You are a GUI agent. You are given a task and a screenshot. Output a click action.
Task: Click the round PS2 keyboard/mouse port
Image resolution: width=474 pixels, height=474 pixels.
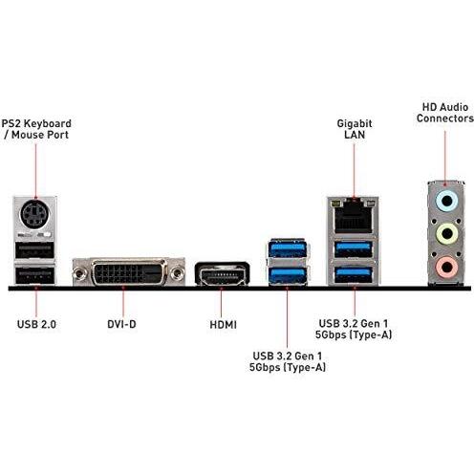click(35, 214)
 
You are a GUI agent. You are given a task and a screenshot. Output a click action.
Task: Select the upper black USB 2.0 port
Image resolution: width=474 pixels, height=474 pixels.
click(35, 250)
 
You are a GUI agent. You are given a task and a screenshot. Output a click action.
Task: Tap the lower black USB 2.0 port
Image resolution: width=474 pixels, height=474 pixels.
click(35, 275)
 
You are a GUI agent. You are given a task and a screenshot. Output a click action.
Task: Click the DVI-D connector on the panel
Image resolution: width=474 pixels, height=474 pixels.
click(129, 272)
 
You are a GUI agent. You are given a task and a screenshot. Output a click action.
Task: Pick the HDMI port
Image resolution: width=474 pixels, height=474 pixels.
click(223, 274)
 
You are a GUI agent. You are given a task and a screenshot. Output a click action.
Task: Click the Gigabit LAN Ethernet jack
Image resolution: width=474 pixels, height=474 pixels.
click(354, 219)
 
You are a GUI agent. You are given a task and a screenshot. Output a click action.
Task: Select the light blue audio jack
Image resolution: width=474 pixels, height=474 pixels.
click(447, 202)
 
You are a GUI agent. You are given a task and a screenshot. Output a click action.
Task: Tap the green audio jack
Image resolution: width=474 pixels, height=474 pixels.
click(447, 234)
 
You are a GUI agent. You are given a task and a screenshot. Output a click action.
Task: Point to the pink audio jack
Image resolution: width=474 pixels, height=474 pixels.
click(447, 267)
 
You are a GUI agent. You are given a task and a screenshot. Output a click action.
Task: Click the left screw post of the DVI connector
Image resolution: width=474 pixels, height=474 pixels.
click(79, 273)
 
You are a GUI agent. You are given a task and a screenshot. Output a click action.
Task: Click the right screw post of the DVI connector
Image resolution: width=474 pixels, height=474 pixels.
click(177, 273)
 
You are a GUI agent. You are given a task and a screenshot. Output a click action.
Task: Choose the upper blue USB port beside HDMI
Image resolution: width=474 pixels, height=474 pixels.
click(288, 248)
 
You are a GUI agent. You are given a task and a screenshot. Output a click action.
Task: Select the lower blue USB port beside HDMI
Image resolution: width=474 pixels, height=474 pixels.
click(288, 274)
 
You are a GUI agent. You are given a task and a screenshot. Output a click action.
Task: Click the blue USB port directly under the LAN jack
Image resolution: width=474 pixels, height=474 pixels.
click(354, 249)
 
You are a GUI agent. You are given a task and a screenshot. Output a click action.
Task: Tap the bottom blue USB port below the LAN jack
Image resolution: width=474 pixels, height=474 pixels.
click(354, 274)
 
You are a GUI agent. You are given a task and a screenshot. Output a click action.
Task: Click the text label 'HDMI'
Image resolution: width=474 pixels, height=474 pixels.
click(223, 325)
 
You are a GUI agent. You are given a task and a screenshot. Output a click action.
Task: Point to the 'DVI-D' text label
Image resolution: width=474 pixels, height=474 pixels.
click(121, 324)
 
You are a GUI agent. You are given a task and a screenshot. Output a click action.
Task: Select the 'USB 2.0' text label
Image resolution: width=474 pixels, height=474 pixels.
click(36, 324)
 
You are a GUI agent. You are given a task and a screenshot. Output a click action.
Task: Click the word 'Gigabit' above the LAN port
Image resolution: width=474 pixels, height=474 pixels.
click(355, 123)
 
